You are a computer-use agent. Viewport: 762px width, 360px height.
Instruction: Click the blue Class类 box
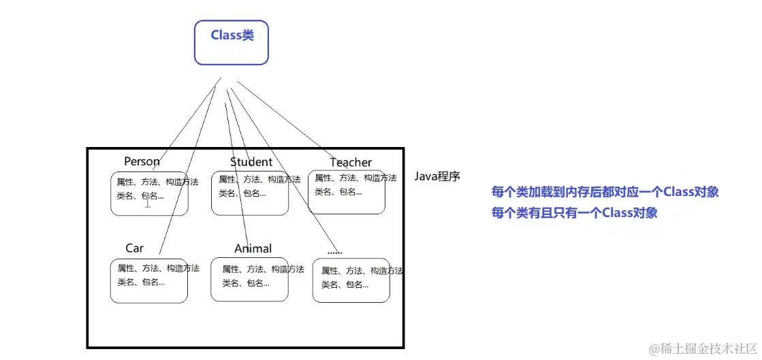232,42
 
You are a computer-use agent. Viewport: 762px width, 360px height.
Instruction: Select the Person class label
142,162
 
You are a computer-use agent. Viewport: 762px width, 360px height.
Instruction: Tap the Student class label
251,162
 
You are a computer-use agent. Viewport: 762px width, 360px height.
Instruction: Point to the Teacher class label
351,163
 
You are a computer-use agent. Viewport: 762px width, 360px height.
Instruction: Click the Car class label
134,248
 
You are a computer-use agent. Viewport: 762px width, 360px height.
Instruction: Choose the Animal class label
253,249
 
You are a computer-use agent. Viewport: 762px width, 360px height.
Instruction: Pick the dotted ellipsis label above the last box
334,250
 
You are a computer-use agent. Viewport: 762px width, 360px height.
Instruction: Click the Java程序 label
437,176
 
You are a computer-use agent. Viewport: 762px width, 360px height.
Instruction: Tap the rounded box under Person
149,194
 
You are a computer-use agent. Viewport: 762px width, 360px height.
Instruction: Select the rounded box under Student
249,194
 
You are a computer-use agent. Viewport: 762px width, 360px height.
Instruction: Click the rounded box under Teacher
347,192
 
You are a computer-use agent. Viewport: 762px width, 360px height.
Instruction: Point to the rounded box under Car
148,281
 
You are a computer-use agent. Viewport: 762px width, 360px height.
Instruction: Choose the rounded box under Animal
249,279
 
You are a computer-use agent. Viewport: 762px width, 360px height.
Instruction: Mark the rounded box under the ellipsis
351,280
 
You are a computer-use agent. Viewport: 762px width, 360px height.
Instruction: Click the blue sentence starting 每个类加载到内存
605,192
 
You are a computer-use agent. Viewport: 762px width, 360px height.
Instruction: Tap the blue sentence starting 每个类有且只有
574,212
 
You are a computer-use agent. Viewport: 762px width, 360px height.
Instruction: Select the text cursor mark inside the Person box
147,202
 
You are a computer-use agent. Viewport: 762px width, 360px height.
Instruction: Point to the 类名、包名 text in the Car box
141,282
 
